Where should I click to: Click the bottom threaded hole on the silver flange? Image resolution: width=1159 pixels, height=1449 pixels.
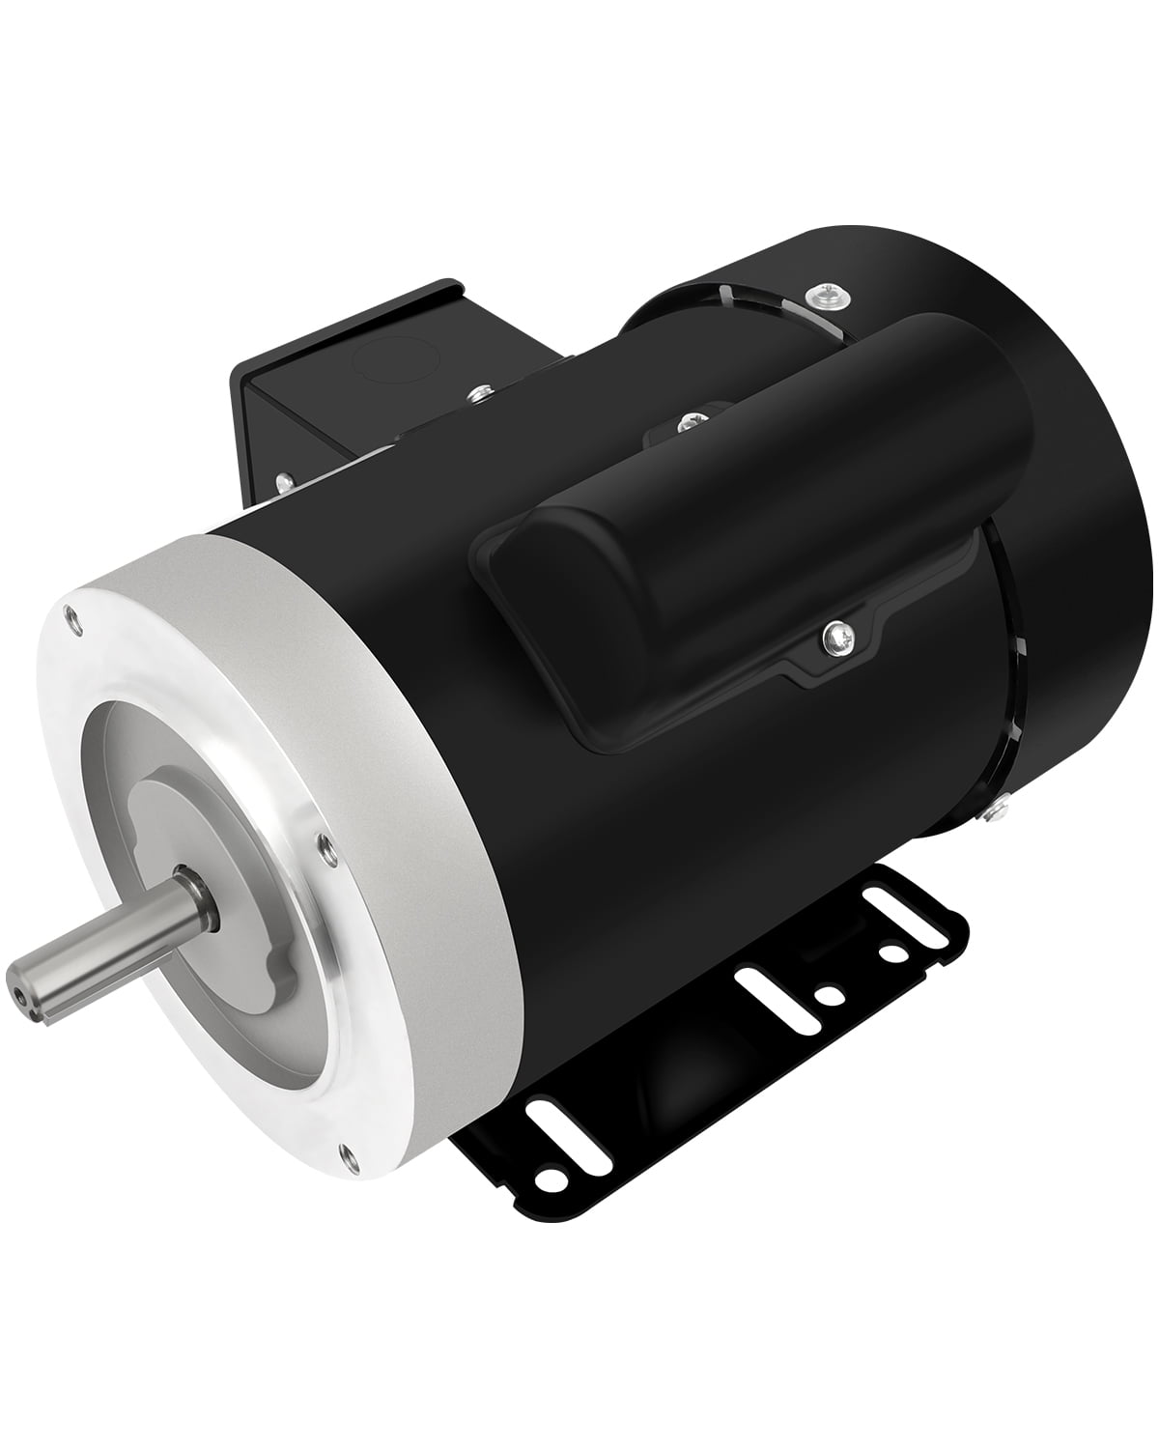pyautogui.click(x=345, y=1150)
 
